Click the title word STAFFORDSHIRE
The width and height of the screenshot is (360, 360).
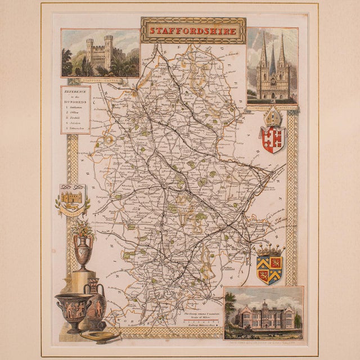(x=193, y=31)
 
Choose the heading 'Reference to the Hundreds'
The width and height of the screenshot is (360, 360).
(x=75, y=95)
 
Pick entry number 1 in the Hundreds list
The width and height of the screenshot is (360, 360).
(x=76, y=106)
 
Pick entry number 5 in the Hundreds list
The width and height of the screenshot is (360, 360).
(x=76, y=128)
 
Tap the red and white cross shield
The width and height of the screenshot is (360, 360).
(x=272, y=138)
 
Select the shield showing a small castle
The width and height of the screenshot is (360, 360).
(x=73, y=199)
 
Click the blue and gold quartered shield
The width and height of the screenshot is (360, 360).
(x=269, y=269)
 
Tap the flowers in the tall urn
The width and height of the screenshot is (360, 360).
(x=84, y=228)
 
